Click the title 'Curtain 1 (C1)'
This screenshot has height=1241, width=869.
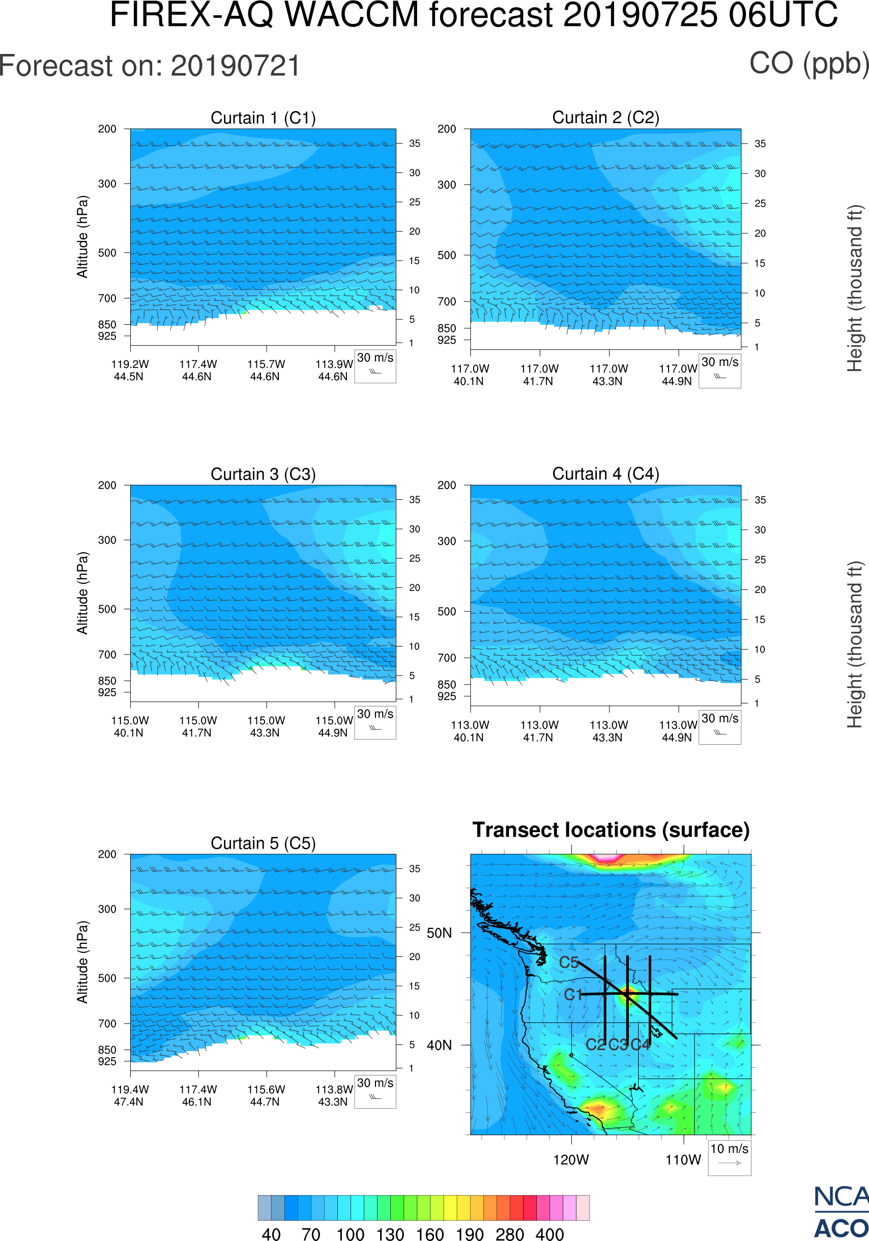263,118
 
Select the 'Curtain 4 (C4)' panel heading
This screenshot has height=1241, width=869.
605,474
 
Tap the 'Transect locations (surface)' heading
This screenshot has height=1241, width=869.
611,830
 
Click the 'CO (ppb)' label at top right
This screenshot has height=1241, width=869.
808,64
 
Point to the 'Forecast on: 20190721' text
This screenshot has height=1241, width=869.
150,66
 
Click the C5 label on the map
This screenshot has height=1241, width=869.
568,963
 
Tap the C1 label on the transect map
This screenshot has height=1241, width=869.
572,995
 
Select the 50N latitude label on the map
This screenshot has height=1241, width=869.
439,934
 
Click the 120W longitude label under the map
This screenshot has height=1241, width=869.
571,1160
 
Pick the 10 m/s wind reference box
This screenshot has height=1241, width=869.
729,1157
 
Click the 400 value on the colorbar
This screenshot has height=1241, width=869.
549,1234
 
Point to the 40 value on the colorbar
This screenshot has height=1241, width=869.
271,1234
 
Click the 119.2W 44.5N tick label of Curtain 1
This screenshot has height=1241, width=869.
130,370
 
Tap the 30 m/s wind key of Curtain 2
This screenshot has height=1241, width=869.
719,370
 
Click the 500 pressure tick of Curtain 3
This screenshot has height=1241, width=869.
107,609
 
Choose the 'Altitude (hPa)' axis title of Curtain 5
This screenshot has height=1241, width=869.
82,962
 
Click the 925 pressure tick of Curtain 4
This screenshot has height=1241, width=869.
447,696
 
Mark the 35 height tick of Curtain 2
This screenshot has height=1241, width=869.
760,144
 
